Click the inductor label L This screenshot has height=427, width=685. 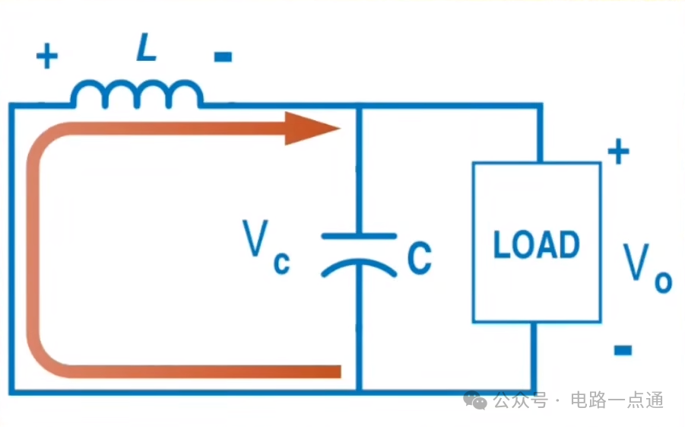(x=146, y=47)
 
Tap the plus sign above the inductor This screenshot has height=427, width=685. (x=47, y=56)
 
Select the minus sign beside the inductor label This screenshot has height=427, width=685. (x=223, y=56)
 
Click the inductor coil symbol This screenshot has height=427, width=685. (x=137, y=94)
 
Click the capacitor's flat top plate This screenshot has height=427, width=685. (x=359, y=236)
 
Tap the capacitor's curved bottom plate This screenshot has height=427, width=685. (x=359, y=267)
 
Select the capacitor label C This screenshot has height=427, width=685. (x=420, y=258)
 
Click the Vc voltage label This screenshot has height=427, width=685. (x=266, y=246)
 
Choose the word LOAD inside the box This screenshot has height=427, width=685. (x=537, y=244)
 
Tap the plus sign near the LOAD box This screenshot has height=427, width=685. (x=619, y=151)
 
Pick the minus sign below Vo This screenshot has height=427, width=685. (x=623, y=350)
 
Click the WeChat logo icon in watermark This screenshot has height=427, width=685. (x=475, y=400)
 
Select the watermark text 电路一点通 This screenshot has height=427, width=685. (x=617, y=400)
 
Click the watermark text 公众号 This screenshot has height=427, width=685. (x=521, y=400)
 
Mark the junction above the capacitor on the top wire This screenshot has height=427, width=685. (x=359, y=106)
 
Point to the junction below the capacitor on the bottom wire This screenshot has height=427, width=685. (x=359, y=391)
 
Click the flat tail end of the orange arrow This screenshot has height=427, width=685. (x=340, y=371)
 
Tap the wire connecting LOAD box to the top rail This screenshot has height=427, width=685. (x=540, y=133)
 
